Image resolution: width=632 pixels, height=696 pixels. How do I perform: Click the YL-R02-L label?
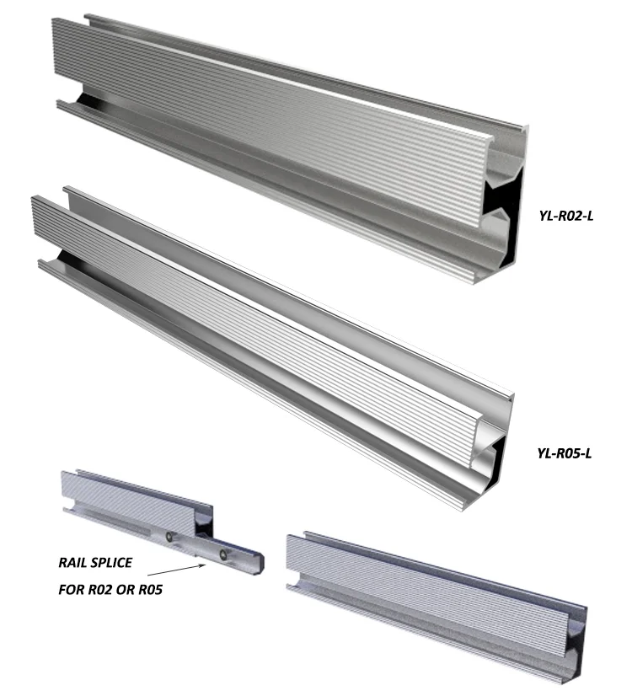[x=566, y=215]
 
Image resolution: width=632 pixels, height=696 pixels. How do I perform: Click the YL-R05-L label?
[x=565, y=453]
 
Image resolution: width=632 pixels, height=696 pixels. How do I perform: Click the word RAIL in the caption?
[x=72, y=562]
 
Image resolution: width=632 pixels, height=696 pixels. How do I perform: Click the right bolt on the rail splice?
[x=223, y=553]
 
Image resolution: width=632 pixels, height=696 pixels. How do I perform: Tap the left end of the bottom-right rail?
[x=292, y=560]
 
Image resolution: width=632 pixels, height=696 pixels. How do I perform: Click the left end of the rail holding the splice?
[x=65, y=493]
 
